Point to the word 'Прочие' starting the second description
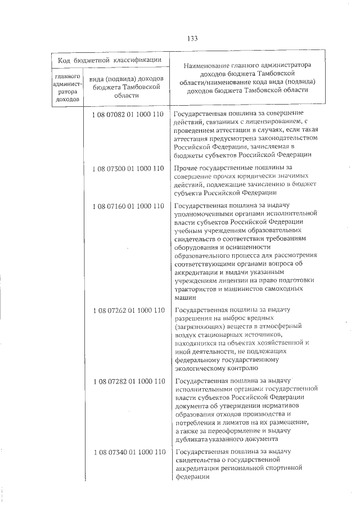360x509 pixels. point(186,168)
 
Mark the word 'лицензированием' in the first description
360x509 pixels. point(272,123)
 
